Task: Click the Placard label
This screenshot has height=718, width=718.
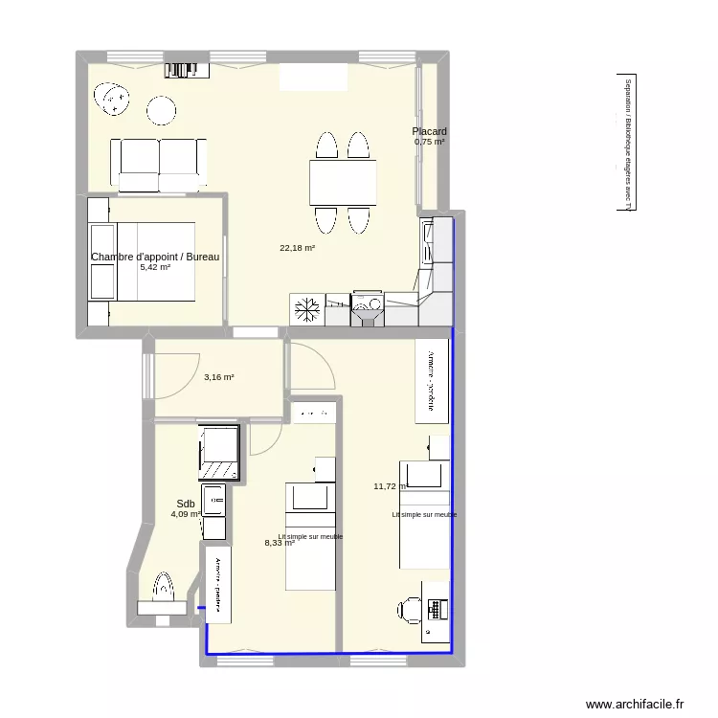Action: click(429, 131)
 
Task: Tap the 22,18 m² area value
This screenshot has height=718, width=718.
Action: click(297, 248)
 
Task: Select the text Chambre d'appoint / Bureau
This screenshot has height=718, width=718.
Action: click(155, 257)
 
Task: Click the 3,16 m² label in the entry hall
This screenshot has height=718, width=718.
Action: click(218, 377)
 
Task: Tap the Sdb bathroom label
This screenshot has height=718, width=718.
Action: click(185, 504)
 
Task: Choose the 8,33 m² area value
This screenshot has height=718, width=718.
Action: click(280, 543)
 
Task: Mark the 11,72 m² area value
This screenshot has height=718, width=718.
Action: click(390, 486)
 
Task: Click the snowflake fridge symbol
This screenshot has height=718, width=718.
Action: click(307, 309)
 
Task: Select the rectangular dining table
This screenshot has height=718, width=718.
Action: click(343, 182)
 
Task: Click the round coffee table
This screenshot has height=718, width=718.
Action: click(161, 111)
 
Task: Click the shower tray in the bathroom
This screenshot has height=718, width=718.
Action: click(220, 451)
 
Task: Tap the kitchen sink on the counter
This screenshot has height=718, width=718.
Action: click(368, 306)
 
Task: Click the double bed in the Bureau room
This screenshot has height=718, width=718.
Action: click(141, 260)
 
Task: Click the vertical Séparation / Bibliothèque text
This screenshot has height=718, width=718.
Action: click(628, 144)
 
